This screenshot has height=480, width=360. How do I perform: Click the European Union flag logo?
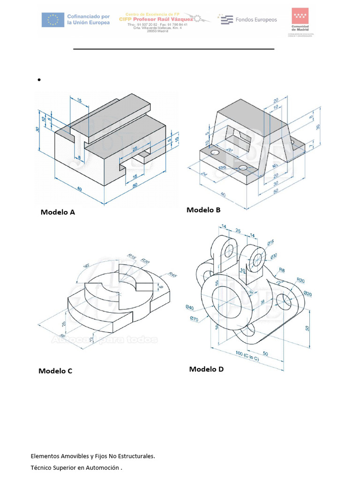[x=53, y=20]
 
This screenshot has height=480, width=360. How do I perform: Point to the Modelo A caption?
[x=58, y=212]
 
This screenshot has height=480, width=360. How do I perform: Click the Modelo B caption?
[x=203, y=210]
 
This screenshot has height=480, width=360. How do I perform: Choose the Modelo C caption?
[x=55, y=371]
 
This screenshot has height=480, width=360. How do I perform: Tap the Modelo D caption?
[x=206, y=369]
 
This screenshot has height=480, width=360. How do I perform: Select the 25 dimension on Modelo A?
[x=135, y=149]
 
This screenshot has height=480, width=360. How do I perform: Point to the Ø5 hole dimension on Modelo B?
[x=223, y=167]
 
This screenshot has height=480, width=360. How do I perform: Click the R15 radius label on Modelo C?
[x=132, y=257]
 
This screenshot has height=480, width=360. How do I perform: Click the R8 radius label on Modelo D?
[x=282, y=270]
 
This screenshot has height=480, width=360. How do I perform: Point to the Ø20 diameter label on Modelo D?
[x=308, y=293]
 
